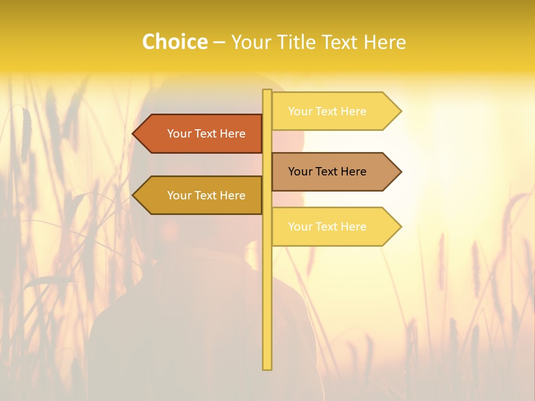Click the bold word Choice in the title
click(174, 42)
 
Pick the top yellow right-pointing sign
click(329, 111)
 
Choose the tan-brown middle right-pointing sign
click(329, 172)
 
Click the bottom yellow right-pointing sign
click(329, 227)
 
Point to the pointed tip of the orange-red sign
click(134, 134)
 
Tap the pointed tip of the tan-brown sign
click(400, 172)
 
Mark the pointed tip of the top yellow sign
click(400, 111)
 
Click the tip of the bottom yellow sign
click(400, 227)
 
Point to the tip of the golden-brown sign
click(134, 195)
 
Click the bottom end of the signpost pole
click(267, 368)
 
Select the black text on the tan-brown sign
click(327, 172)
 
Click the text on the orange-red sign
click(206, 134)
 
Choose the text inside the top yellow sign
click(327, 111)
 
